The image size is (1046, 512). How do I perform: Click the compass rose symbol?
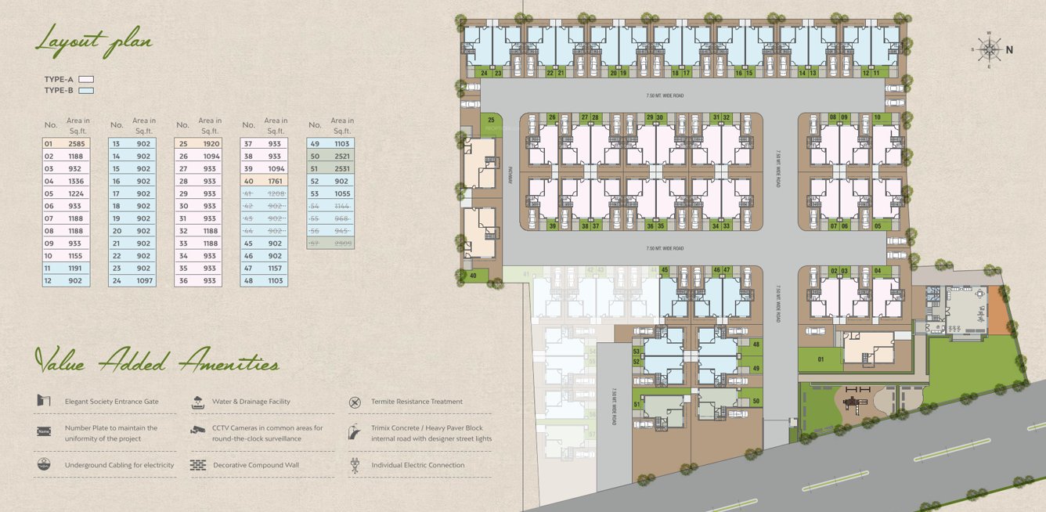[989, 49]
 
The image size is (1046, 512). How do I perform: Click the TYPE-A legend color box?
[86, 79]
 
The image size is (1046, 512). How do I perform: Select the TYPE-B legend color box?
[86, 91]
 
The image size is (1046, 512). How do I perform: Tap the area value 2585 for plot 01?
[76, 144]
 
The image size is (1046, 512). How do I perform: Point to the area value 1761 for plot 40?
[276, 181]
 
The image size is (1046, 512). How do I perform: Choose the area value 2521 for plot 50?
[341, 157]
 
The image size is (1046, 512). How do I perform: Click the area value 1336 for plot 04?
[76, 181]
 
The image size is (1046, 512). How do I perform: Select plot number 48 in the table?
[249, 280]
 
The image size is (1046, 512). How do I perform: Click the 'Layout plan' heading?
[93, 39]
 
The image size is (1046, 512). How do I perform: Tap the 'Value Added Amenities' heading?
[157, 362]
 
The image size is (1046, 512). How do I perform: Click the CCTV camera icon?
[197, 431]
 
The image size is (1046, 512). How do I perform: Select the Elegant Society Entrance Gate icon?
[44, 401]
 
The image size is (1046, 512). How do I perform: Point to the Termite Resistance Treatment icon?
[355, 402]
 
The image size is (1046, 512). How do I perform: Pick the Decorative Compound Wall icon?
[197, 465]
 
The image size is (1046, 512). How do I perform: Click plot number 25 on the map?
[491, 120]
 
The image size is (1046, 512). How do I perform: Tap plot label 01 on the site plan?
[821, 359]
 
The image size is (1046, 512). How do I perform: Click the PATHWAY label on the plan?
[509, 175]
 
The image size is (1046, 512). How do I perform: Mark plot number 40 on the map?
[473, 275]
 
